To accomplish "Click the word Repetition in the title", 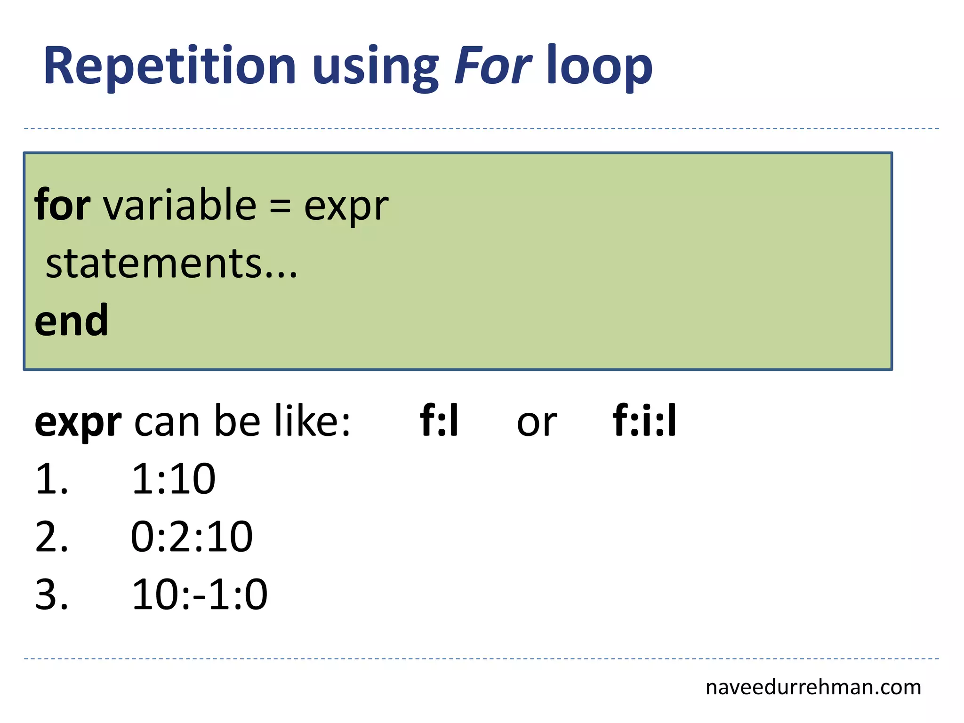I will click(169, 66).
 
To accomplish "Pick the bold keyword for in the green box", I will click(62, 205).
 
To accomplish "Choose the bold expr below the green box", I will click(78, 423).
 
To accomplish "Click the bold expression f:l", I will click(439, 421).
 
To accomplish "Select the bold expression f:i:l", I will click(644, 421).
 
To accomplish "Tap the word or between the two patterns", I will click(537, 423).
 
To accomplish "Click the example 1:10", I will click(173, 479).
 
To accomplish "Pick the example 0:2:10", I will click(192, 537).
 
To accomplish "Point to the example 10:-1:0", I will click(200, 595).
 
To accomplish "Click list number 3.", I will click(51, 595).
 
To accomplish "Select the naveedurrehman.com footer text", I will click(813, 688).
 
